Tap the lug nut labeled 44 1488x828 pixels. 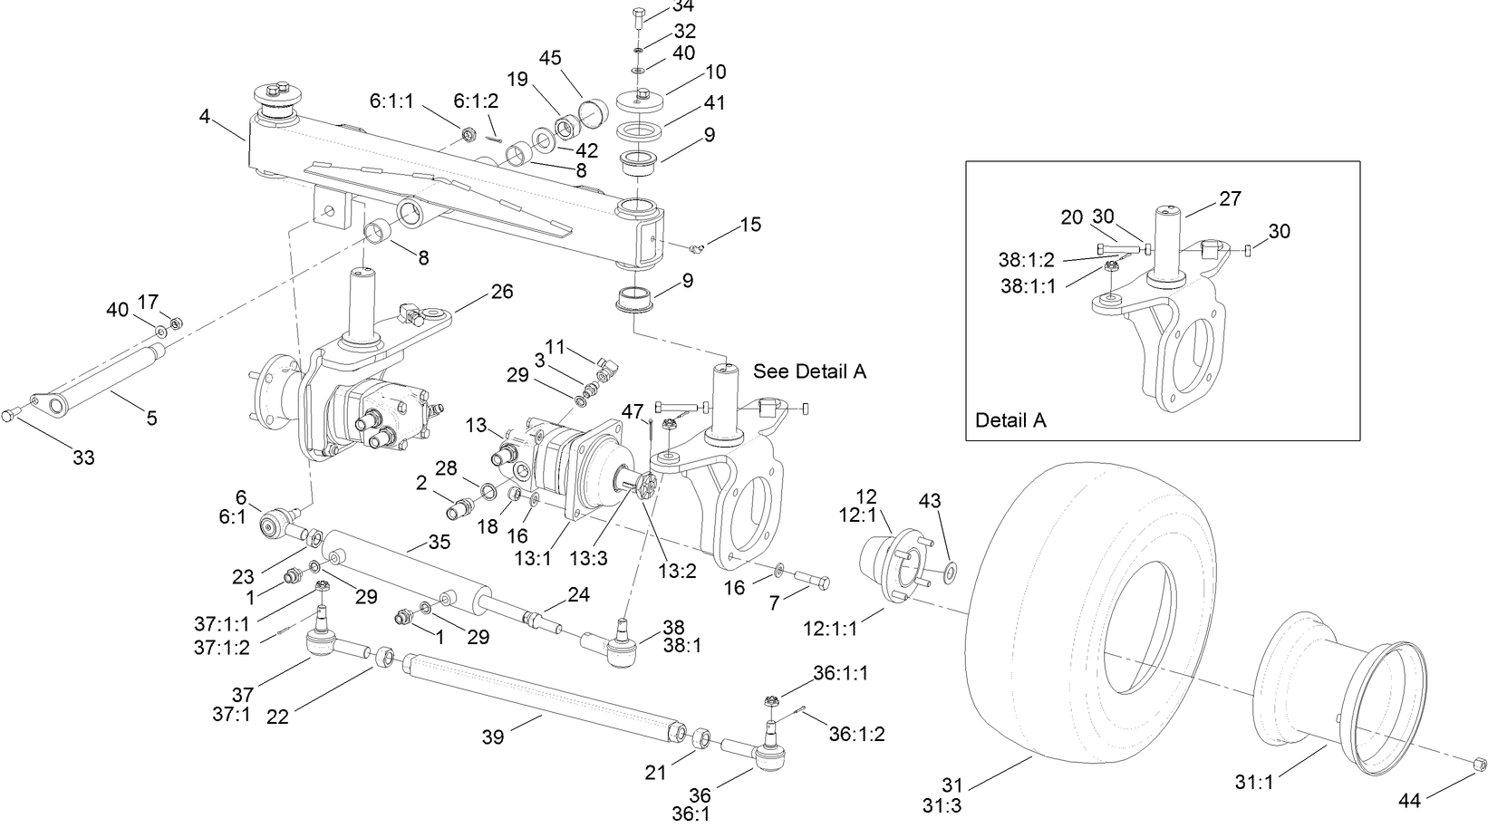coord(1476,765)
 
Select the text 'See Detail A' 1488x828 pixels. coord(809,371)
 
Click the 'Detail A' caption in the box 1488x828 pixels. coord(1010,420)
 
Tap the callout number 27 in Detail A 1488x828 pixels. coord(1230,198)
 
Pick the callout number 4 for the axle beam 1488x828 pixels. coord(205,117)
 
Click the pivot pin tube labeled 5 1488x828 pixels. coord(109,378)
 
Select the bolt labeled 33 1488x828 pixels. coord(11,414)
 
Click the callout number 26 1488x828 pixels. coord(501,292)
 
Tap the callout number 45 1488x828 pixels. coord(550,58)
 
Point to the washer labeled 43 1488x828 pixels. coord(950,572)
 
